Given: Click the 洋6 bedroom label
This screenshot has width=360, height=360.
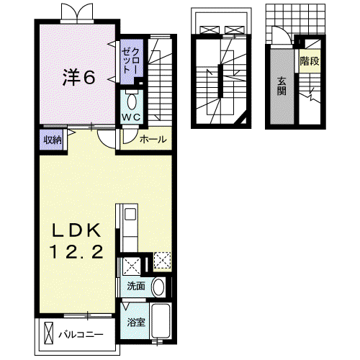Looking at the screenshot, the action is pos(78,77).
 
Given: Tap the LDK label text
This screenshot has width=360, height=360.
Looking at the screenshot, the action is pos(76,230).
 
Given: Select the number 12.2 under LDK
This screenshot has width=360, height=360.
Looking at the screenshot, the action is pos(76,251).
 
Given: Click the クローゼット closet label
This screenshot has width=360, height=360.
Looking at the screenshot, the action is pos(130,60).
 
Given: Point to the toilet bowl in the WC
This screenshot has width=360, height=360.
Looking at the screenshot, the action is pos(132,102).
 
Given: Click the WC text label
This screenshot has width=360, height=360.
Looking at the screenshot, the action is pos(131,117).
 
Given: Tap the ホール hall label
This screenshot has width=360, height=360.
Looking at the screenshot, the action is pos(153,139).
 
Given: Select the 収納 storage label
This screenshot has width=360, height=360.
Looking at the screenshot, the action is pos(53,140).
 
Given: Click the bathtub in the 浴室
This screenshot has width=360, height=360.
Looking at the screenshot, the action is pos(161,320).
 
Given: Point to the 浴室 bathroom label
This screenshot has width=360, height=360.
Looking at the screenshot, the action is pos(136,323).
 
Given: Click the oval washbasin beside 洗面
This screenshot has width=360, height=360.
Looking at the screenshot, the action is pos(158,287).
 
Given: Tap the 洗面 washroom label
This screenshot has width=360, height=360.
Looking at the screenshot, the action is pos(136,286).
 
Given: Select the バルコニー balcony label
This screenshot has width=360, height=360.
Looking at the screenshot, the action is pos(81,335).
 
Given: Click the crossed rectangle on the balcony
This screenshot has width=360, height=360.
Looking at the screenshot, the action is pos(49,333).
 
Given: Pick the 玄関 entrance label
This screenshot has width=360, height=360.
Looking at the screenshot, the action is pos(282,86).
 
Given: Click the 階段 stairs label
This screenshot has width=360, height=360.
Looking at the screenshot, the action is pos(310,61).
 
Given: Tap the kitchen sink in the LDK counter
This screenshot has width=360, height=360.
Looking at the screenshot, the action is pos(130,214).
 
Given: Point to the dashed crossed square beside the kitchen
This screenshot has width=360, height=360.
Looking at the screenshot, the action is pos(162,261).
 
